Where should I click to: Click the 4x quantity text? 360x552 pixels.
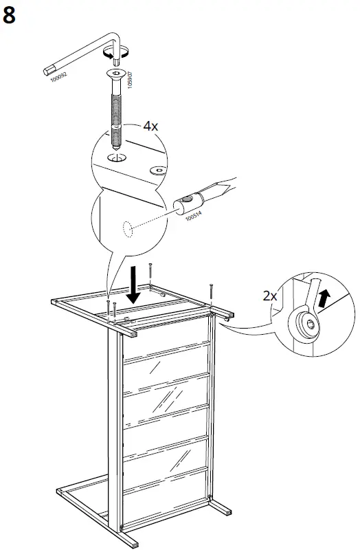click(x=150, y=126)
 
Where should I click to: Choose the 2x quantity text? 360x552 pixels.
click(x=271, y=296)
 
